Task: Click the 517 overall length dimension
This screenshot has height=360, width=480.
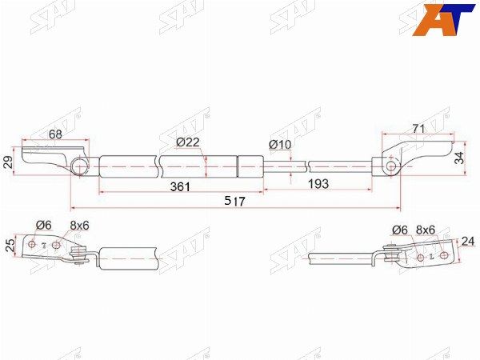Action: tap(234, 201)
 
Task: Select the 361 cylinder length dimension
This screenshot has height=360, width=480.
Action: tap(180, 186)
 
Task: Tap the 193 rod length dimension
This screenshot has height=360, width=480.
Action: tap(318, 184)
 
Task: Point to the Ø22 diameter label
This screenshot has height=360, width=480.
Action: tap(188, 142)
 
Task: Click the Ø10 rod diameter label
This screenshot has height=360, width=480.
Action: tap(280, 144)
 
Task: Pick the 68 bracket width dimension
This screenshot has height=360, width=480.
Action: tap(55, 134)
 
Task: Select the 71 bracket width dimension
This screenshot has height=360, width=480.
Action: tap(418, 129)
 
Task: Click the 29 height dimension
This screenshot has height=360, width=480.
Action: tap(9, 162)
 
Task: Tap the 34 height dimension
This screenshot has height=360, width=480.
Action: tap(459, 158)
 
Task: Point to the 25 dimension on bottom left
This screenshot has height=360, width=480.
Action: tap(10, 246)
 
